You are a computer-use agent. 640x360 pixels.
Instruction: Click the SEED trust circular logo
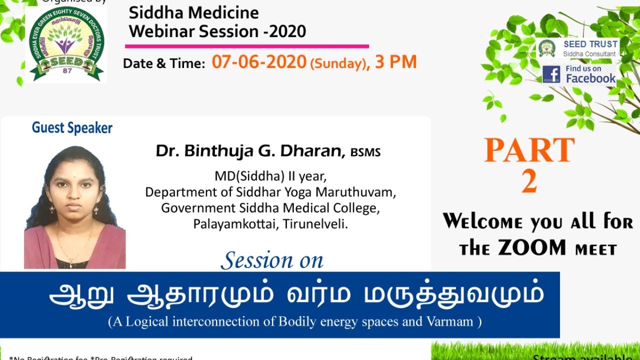click(66, 44)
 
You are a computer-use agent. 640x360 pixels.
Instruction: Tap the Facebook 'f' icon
click(551, 74)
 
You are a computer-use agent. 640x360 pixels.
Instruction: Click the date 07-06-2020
click(258, 62)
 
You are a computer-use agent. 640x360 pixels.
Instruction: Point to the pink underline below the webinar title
click(246, 46)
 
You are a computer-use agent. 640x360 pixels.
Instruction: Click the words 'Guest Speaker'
click(72, 128)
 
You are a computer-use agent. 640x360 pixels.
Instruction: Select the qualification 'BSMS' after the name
click(365, 152)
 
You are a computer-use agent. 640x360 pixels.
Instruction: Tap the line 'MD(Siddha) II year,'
click(270, 176)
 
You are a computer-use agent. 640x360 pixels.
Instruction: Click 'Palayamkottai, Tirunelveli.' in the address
click(270, 224)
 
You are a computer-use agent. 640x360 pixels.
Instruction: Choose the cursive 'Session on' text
click(272, 260)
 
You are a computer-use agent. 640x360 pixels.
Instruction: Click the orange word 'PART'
click(529, 150)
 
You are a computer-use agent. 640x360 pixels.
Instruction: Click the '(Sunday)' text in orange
click(337, 64)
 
